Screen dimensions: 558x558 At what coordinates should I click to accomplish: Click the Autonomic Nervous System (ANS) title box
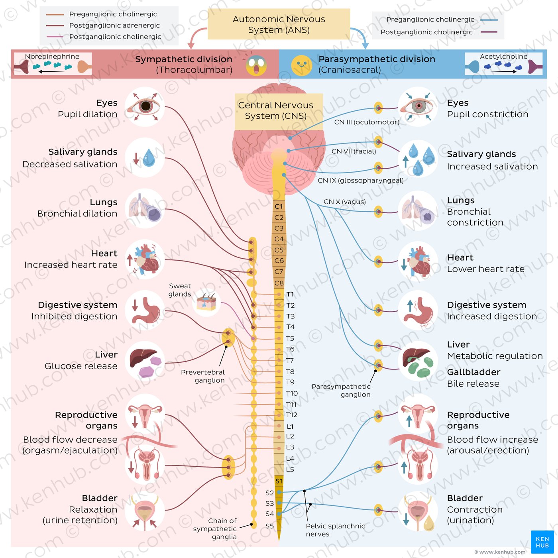tap(279, 24)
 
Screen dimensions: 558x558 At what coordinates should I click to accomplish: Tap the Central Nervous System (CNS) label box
tap(276, 111)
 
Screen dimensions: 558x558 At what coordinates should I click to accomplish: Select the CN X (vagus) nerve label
tap(344, 202)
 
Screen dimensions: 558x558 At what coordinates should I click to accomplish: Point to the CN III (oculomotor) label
tap(366, 122)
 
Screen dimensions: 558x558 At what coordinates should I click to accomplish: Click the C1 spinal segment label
tap(279, 206)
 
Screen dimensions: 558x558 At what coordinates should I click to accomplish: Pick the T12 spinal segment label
tap(291, 415)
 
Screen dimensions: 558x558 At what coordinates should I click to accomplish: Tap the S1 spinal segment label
tap(279, 481)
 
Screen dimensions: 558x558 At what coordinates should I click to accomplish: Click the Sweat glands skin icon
tap(206, 303)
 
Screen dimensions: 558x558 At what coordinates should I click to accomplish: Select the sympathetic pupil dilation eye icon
tap(145, 106)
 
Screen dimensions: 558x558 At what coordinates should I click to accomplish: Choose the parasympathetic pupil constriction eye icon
tap(418, 106)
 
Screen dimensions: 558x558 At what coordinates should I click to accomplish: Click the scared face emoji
tap(256, 66)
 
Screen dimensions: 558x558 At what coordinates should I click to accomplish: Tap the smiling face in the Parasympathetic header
tap(302, 66)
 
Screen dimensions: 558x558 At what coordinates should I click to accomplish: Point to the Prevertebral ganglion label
tap(203, 376)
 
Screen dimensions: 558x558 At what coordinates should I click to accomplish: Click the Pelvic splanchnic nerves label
tap(335, 530)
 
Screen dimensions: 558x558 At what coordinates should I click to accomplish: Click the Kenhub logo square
tap(542, 542)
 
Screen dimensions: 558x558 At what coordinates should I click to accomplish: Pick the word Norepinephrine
tap(52, 57)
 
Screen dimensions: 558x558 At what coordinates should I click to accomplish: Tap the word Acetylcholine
tap(503, 57)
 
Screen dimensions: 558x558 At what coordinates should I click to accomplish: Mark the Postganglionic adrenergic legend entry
tap(114, 26)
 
